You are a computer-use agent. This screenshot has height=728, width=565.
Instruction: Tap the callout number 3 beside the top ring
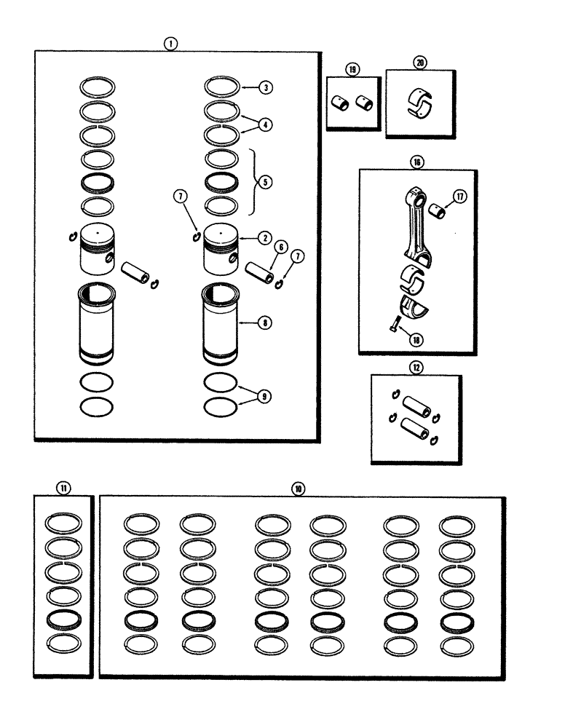(x=266, y=87)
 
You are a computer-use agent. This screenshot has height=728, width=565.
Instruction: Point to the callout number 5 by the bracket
(x=266, y=182)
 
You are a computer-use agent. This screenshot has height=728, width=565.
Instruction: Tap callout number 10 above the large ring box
(x=298, y=488)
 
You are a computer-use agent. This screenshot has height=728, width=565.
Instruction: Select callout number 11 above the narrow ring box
(x=64, y=488)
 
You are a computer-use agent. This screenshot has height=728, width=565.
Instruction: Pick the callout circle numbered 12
(x=416, y=367)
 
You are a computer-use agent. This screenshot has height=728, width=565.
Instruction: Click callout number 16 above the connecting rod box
(x=416, y=162)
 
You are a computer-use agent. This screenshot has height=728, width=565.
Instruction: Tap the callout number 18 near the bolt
(x=416, y=339)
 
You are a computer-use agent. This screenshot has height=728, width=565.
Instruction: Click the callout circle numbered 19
(x=352, y=70)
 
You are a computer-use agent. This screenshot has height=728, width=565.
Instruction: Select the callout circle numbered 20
(x=420, y=63)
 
